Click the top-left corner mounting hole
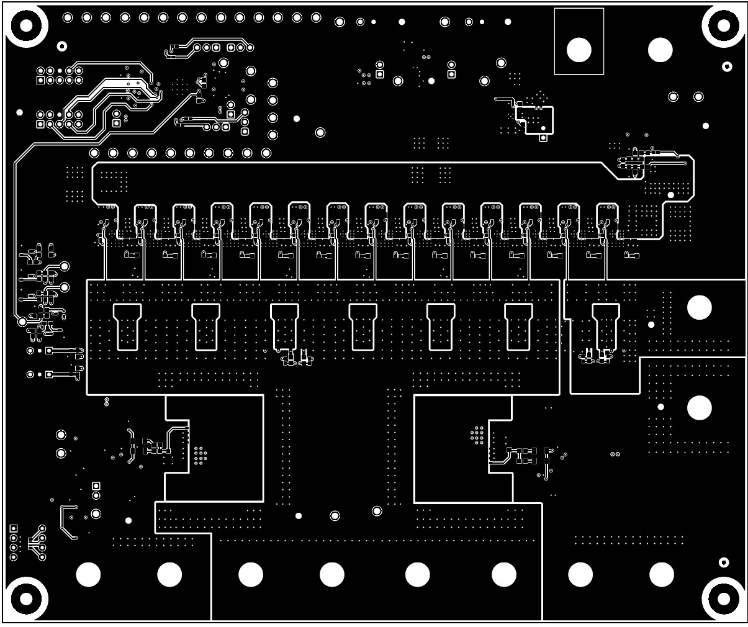tap(26, 25)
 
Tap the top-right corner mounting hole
tap(724, 25)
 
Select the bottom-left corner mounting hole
tap(26, 599)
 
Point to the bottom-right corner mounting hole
tap(724, 599)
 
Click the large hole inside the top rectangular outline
tap(579, 50)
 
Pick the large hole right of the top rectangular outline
tap(660, 50)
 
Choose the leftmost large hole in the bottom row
tap(88, 575)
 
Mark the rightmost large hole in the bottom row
tap(661, 575)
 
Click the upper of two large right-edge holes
tap(700, 307)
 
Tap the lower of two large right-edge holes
tap(700, 407)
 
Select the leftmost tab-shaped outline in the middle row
tap(127, 326)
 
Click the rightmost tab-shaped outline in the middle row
tap(606, 326)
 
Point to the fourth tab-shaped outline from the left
tap(363, 326)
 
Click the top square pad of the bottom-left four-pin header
tap(14, 528)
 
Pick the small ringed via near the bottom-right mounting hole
tap(723, 562)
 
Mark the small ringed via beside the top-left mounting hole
tap(61, 46)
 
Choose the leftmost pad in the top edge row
tap(68, 17)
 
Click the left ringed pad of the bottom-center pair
tap(335, 515)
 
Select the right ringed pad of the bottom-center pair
tap(377, 511)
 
